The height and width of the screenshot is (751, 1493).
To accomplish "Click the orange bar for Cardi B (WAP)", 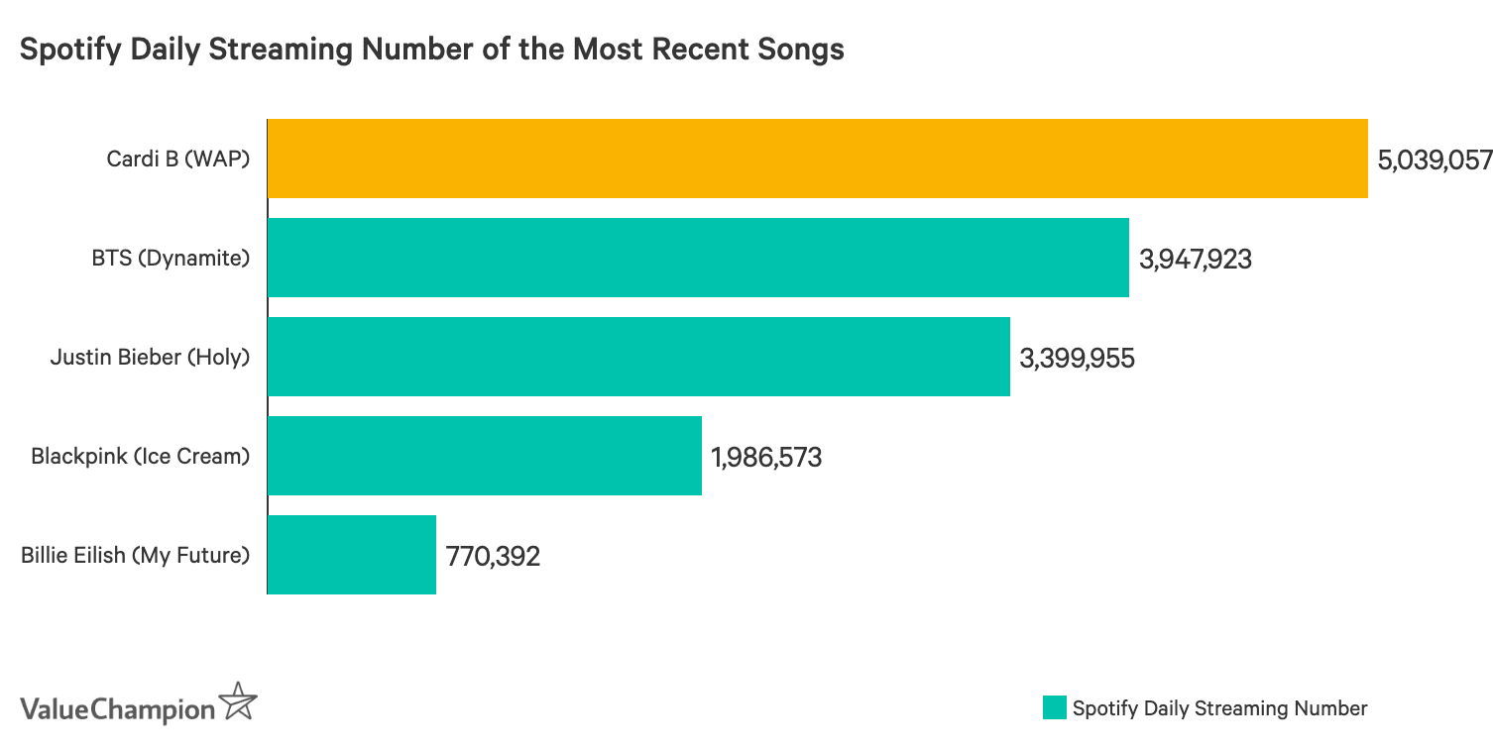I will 817,159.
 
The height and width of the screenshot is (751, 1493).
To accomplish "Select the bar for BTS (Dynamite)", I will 698,258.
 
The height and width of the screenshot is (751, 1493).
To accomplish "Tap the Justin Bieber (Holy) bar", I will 638,357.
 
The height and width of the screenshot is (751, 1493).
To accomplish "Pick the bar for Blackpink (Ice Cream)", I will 484,456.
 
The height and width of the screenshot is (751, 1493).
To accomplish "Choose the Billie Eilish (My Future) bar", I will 351,555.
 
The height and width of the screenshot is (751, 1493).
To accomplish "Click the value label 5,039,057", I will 1435,160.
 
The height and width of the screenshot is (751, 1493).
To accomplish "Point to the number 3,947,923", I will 1196,260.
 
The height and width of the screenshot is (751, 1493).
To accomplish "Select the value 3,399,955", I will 1077,358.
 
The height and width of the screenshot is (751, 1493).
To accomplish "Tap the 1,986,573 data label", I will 766,457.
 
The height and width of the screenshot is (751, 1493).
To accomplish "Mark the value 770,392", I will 493,556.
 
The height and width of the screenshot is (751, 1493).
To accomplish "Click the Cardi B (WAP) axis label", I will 177,159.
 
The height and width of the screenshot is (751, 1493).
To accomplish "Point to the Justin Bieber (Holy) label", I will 150,357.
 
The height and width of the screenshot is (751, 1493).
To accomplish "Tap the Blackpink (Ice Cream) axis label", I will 140,456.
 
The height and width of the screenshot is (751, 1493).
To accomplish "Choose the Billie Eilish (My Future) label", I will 135,555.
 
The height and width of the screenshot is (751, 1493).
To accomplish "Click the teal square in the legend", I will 1054,708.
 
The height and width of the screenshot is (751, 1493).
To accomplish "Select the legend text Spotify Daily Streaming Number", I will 1219,708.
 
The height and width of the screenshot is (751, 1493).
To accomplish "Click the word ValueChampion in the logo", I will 117,709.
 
